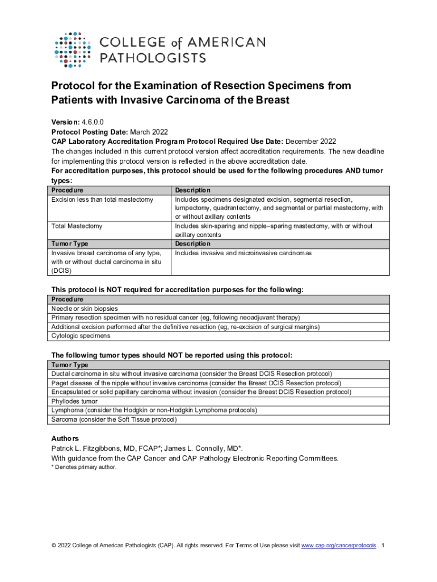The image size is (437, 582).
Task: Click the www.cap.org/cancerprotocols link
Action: [x=338, y=546]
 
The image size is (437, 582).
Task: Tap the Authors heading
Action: [x=65, y=438]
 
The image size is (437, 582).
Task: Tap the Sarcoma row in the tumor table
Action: [x=114, y=419]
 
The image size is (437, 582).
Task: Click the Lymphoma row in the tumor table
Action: [x=154, y=410]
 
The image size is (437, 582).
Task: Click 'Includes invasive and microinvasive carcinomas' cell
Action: [x=243, y=253]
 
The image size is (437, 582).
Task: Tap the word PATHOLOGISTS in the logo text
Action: [x=153, y=57]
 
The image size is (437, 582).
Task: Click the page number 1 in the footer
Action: [x=384, y=546]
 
